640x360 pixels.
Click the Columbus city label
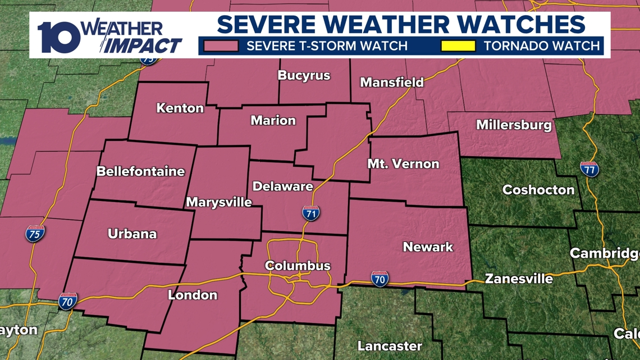(298, 266)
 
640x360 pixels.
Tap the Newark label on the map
(428, 247)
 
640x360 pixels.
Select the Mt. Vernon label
(403, 164)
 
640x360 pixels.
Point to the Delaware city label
(282, 186)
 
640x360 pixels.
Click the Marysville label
(219, 202)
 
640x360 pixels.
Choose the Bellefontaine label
(140, 171)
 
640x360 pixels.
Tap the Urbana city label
(132, 234)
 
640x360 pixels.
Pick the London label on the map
(193, 295)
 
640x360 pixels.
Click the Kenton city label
(180, 108)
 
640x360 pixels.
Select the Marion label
(273, 120)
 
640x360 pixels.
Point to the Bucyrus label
(304, 75)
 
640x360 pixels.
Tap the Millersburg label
(514, 125)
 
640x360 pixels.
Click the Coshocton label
(538, 190)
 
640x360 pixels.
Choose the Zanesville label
(519, 279)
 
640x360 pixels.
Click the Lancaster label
(390, 345)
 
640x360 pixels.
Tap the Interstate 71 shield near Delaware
(311, 213)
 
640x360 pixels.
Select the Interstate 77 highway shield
(589, 169)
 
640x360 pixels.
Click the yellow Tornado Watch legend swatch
(458, 45)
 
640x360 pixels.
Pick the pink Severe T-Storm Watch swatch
(221, 45)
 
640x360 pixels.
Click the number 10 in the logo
(58, 38)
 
